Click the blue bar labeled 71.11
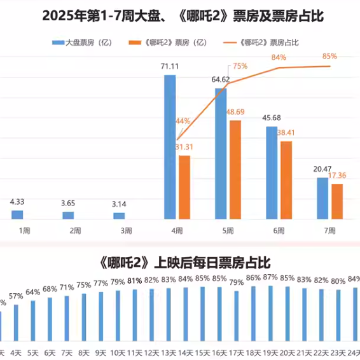pyautogui.click(x=170, y=146)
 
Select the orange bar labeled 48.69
pyautogui.click(x=235, y=169)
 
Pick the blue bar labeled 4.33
pyautogui.click(x=17, y=214)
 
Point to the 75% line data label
pyautogui.click(x=240, y=66)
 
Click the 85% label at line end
pyautogui.click(x=329, y=56)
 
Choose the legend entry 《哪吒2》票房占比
pyautogui.click(x=270, y=43)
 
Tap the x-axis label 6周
pyautogui.click(x=279, y=230)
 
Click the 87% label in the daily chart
pyautogui.click(x=270, y=277)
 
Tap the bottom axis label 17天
pyautogui.click(x=236, y=352)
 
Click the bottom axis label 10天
pyautogui.click(x=118, y=352)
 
